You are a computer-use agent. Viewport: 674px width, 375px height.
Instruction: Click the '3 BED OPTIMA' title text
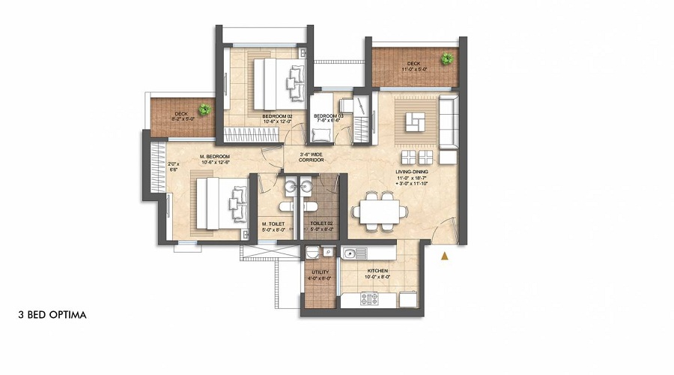click(x=52, y=315)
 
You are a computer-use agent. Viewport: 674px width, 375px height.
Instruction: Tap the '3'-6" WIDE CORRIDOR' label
click(x=311, y=158)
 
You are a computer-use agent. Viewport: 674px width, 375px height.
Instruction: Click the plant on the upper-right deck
click(x=448, y=58)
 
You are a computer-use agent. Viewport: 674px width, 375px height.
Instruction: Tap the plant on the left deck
click(x=204, y=109)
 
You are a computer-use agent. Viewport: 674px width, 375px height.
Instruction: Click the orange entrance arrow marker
click(x=445, y=256)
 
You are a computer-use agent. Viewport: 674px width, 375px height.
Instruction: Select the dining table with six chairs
click(x=377, y=208)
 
